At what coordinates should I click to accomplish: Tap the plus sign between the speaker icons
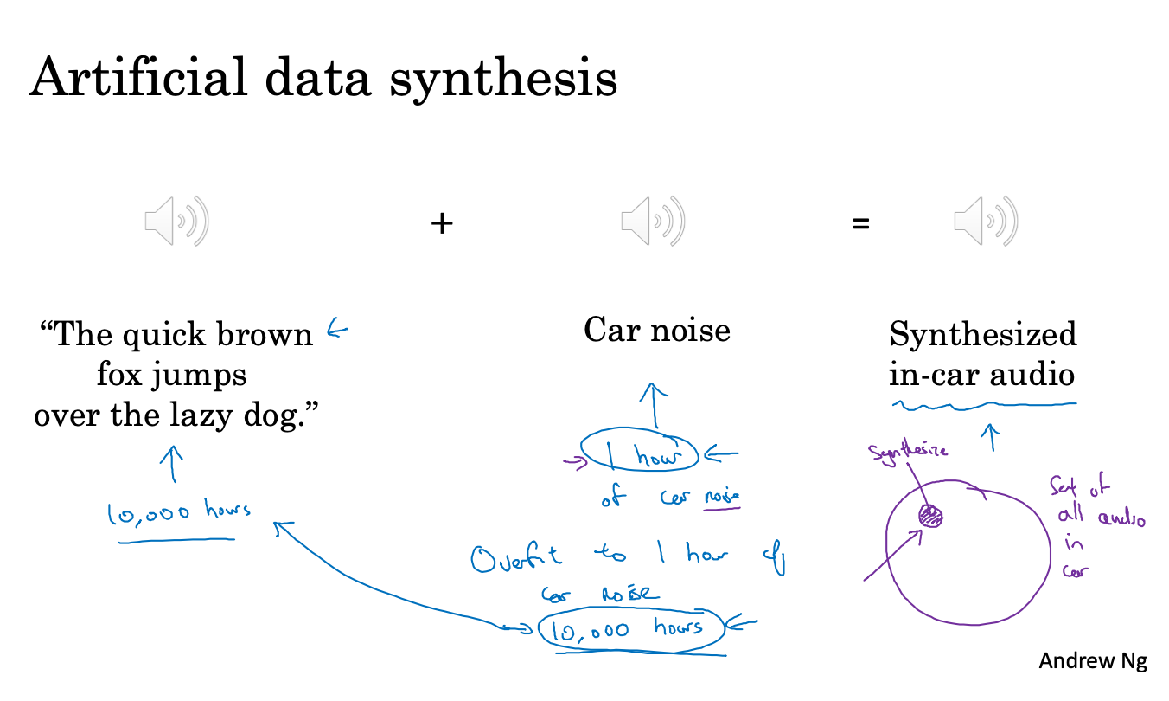coord(442,223)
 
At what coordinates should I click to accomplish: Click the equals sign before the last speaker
coord(859,223)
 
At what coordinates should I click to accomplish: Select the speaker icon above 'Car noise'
coord(653,221)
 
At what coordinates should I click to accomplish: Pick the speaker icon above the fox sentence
coord(176,221)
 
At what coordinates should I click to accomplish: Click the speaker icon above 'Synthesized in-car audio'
coord(985,221)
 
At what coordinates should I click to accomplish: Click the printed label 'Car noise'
coord(657,330)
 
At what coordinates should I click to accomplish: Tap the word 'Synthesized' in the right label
coord(983,334)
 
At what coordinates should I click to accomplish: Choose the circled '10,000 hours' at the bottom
coord(630,630)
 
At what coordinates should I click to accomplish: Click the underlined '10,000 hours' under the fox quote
coord(179,512)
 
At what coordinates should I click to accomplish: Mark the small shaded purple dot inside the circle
coord(930,516)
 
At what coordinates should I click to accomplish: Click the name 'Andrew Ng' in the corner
coord(1092,661)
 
